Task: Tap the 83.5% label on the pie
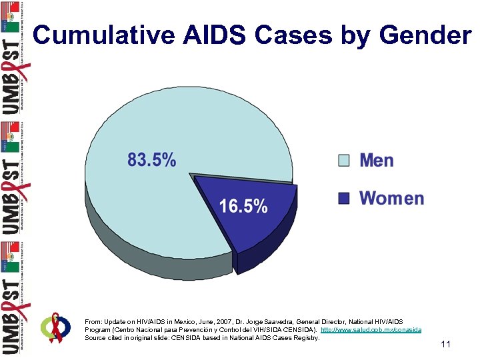(152, 160)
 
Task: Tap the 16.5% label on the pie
(243, 206)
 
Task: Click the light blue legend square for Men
(343, 161)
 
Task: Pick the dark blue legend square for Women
(343, 198)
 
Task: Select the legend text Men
(377, 161)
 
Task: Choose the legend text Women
(391, 198)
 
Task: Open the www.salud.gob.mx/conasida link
(371, 330)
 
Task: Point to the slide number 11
(446, 345)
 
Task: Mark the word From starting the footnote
(93, 321)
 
